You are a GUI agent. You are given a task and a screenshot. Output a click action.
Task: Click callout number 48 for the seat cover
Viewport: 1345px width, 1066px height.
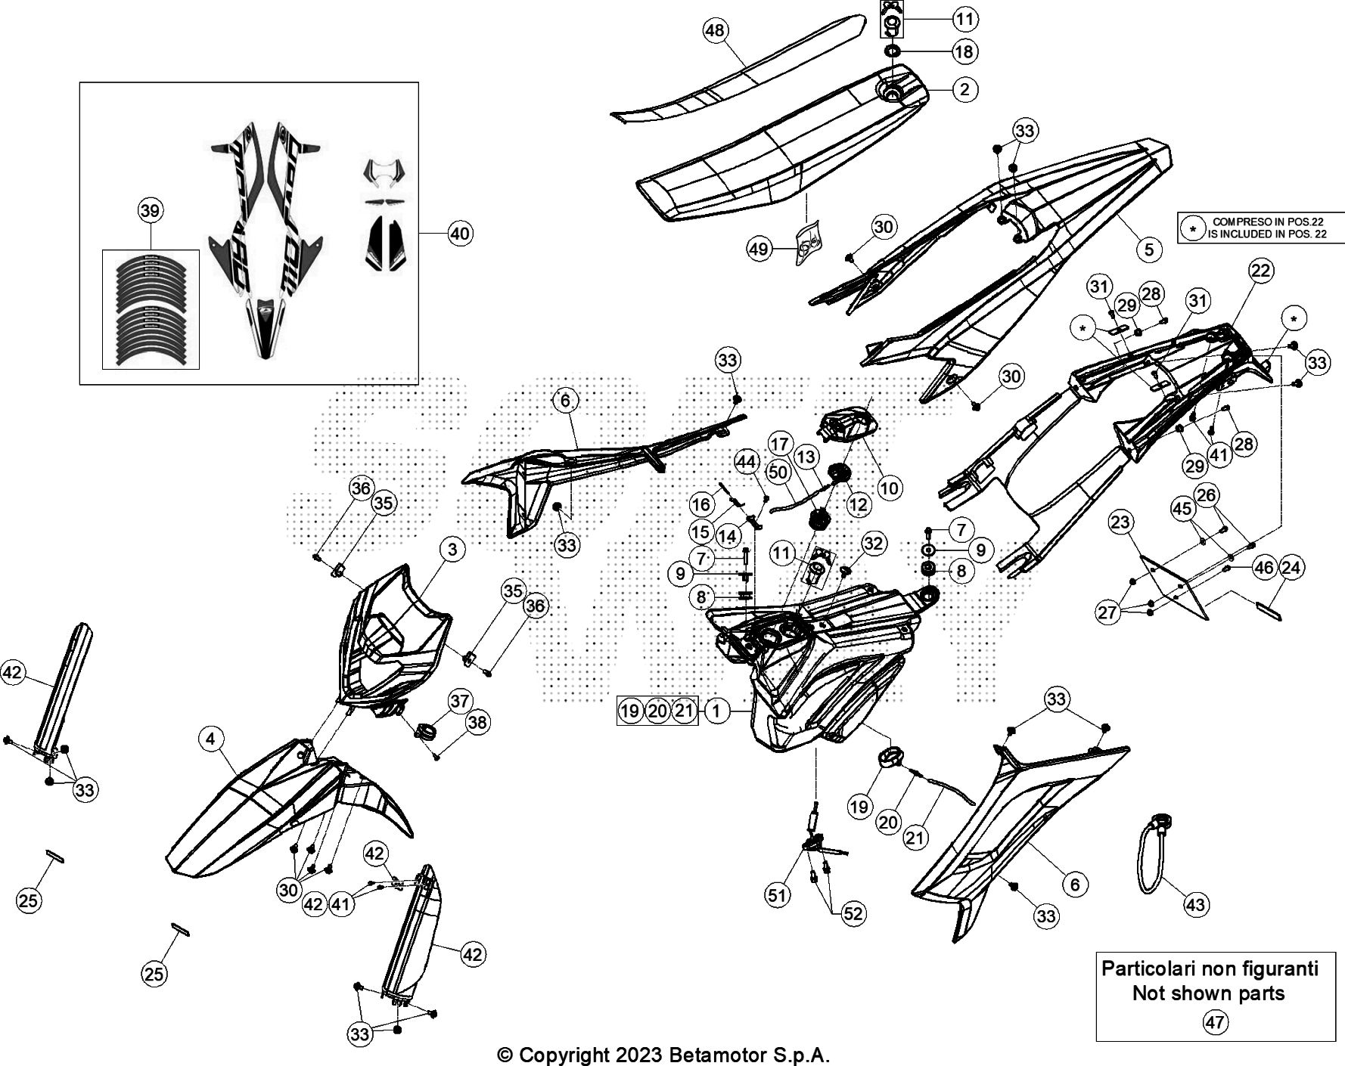(x=714, y=31)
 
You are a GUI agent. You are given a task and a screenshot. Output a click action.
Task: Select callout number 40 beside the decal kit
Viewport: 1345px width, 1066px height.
(x=459, y=234)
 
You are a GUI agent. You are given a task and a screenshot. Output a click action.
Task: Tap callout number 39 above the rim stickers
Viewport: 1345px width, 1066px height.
(x=151, y=210)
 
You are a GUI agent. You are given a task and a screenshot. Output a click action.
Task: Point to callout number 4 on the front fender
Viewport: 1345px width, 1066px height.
(x=211, y=738)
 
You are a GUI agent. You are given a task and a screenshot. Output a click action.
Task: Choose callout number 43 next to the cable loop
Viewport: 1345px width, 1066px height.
(x=1196, y=904)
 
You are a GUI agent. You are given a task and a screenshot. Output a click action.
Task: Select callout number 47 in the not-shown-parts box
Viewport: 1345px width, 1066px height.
(x=1215, y=1023)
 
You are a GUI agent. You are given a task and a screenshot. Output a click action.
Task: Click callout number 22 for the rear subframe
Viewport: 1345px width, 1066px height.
(x=1260, y=271)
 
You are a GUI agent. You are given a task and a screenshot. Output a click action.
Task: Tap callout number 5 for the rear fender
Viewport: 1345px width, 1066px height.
(x=1148, y=249)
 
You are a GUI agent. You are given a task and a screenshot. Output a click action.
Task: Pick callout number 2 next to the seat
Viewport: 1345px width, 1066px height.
(x=964, y=89)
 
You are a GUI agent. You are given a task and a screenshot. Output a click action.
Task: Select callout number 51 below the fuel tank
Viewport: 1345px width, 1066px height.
(x=777, y=895)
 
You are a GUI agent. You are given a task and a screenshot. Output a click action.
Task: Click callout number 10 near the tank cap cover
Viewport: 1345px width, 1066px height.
(x=890, y=488)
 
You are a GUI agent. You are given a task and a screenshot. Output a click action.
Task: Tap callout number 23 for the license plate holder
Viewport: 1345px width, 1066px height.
(x=1120, y=522)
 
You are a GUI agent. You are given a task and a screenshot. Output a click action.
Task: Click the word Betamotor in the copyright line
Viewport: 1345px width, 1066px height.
(x=711, y=1055)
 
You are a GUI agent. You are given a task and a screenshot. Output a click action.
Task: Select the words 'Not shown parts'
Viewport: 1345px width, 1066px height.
(x=1208, y=993)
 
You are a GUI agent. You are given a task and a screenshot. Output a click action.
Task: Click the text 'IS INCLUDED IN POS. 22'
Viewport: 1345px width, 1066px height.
(x=1267, y=234)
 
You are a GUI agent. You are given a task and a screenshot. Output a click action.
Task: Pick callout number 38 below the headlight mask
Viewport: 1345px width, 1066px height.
(x=477, y=723)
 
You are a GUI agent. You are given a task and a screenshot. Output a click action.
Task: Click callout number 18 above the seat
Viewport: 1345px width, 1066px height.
(x=964, y=51)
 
